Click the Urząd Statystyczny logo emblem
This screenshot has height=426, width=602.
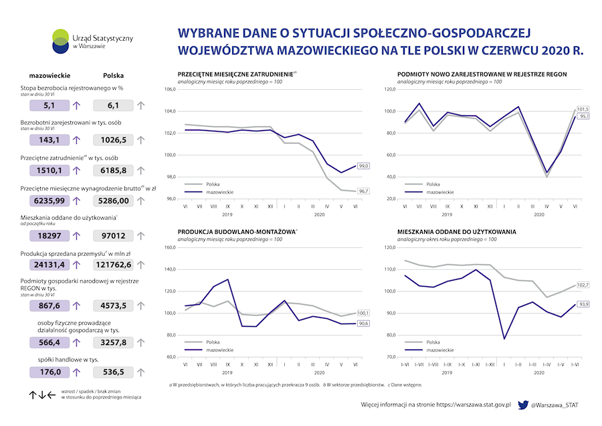point(61,41)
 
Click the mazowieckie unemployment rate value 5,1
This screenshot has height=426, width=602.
point(49,105)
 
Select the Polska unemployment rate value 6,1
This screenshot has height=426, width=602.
point(113,105)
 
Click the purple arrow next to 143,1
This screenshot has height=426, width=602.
point(76,140)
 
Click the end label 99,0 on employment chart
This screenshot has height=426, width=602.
point(365,165)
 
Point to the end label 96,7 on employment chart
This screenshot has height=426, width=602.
point(365,191)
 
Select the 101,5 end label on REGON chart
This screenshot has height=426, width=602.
point(583,109)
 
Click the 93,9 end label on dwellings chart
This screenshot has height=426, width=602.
point(583,304)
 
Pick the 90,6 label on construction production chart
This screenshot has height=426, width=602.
point(365,324)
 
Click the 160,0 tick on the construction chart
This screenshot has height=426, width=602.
point(169,247)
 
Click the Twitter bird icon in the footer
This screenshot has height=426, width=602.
point(522,405)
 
